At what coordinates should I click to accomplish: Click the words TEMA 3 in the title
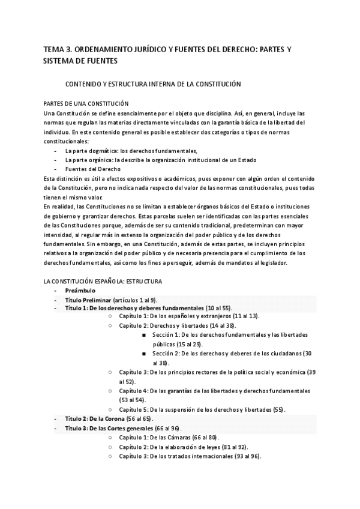[58, 49]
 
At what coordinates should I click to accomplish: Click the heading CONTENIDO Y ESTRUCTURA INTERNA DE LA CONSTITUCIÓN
[153, 84]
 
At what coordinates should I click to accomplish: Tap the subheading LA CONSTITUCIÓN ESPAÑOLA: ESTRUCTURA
[103, 281]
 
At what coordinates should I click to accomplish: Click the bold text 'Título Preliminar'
[91, 300]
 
